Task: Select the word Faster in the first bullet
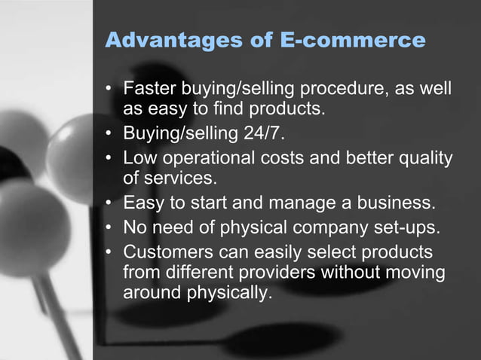(149, 90)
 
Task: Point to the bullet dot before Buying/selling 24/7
(109, 137)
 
